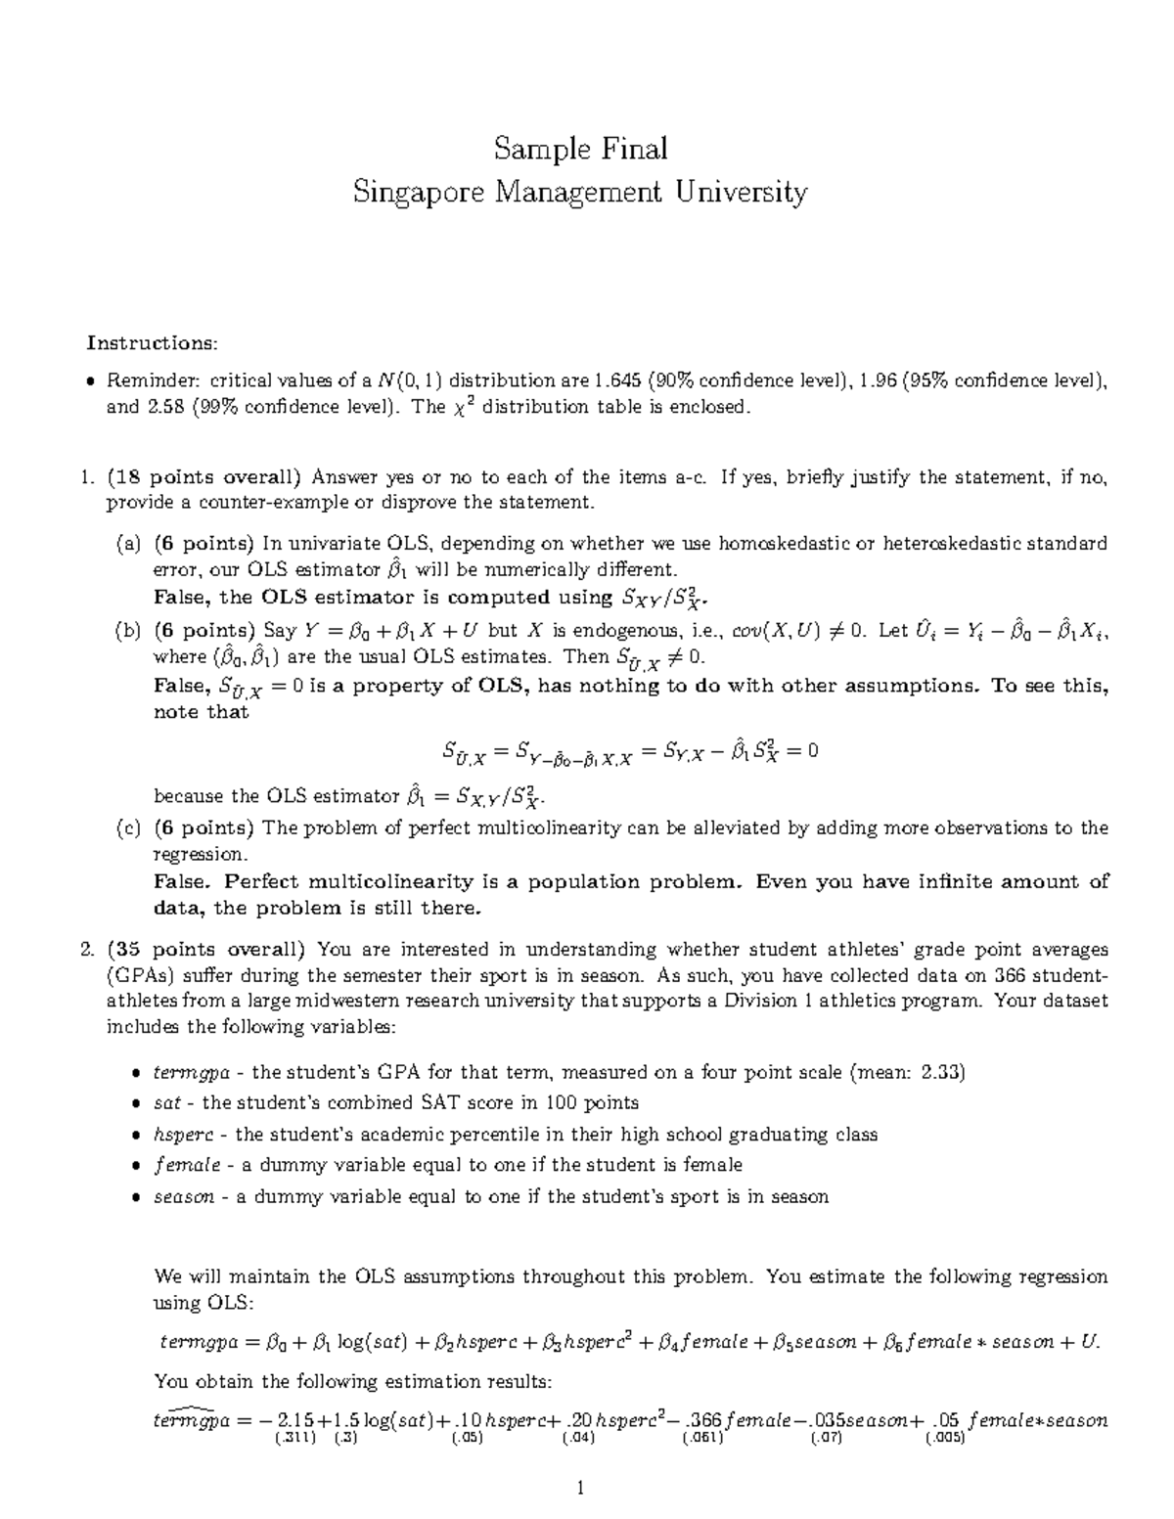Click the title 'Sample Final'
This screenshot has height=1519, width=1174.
580,149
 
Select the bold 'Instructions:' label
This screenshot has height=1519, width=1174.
152,342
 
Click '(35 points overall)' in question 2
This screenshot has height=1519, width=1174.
206,949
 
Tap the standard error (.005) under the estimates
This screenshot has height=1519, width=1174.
945,1439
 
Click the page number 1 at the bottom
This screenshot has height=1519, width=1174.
580,1490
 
